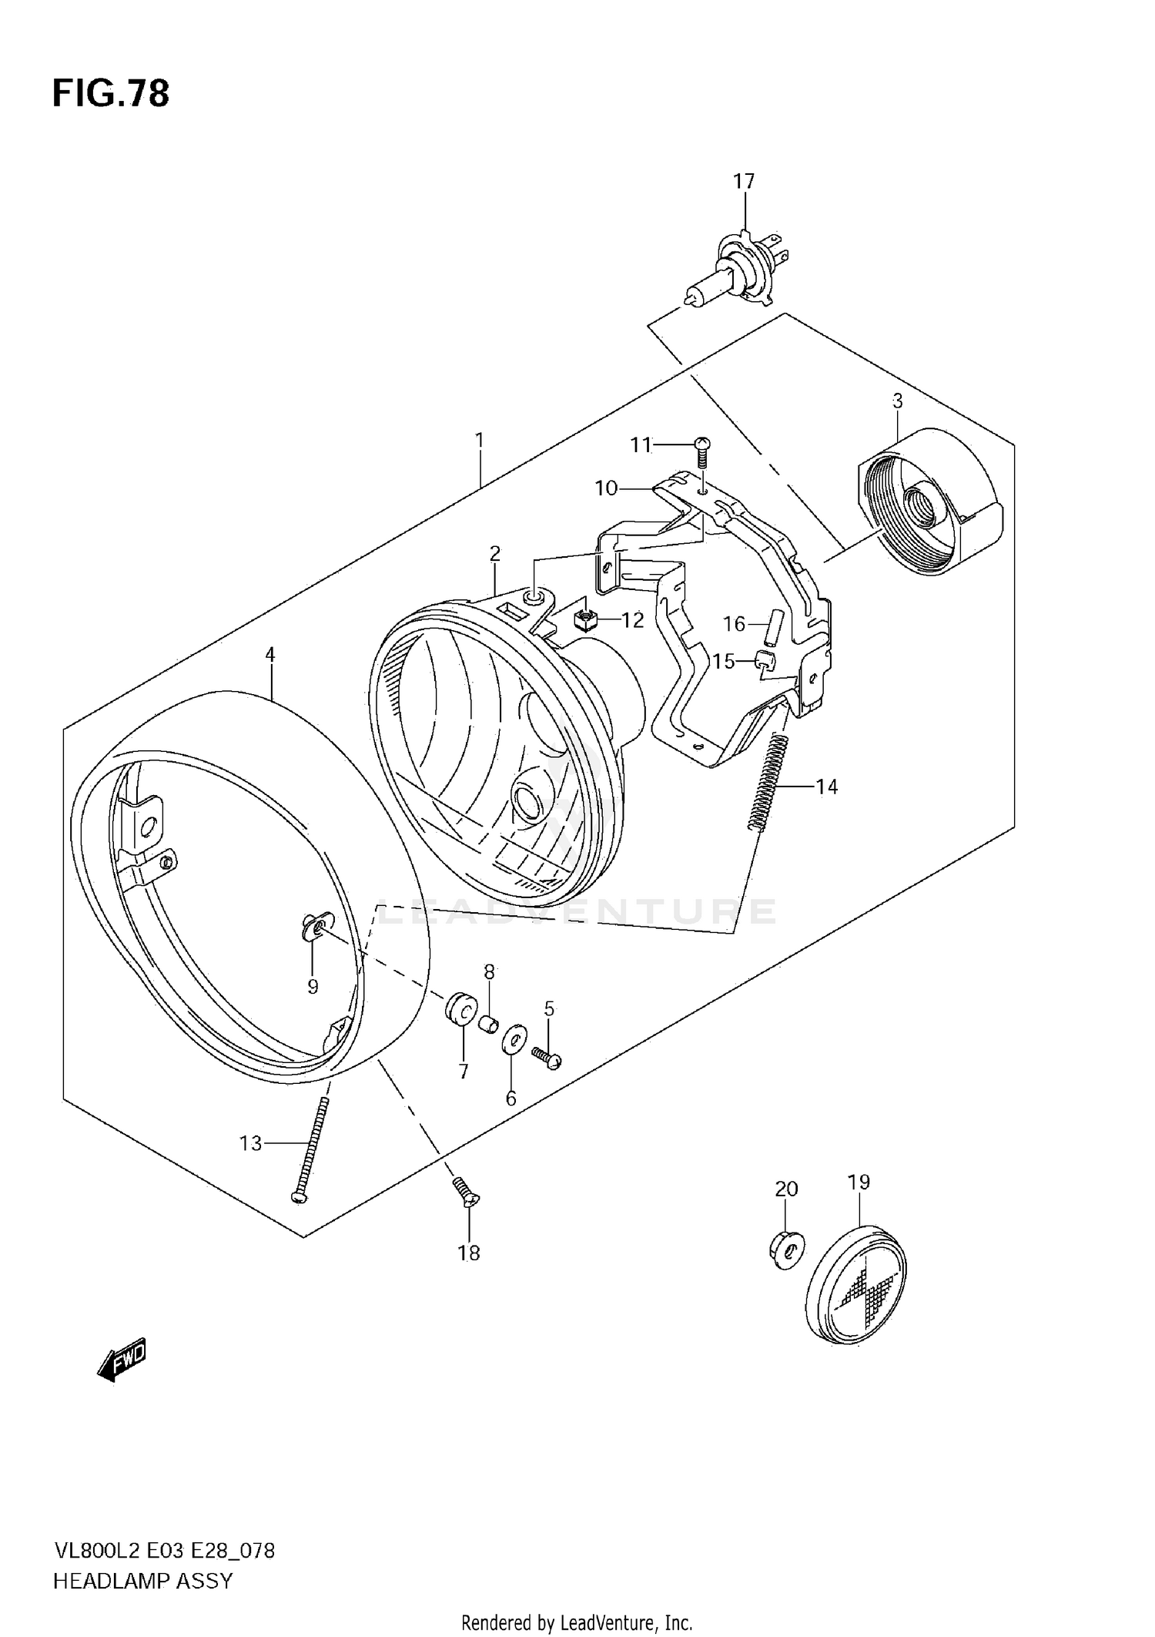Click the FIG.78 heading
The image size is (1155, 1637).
click(111, 94)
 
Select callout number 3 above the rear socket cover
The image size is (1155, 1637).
click(897, 401)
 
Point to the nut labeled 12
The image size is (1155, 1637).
click(586, 618)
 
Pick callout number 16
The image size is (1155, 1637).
click(734, 624)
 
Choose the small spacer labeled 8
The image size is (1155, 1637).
click(487, 1023)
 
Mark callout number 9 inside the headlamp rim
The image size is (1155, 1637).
click(313, 987)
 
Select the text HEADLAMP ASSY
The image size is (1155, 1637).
click(142, 1582)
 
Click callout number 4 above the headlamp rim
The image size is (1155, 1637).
click(269, 655)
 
